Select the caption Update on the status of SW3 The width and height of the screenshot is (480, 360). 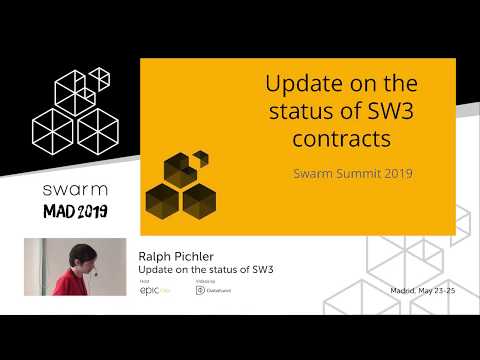coord(206,271)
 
